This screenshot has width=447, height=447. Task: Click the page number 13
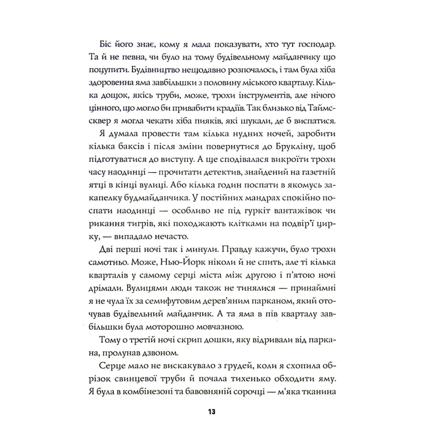212,412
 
